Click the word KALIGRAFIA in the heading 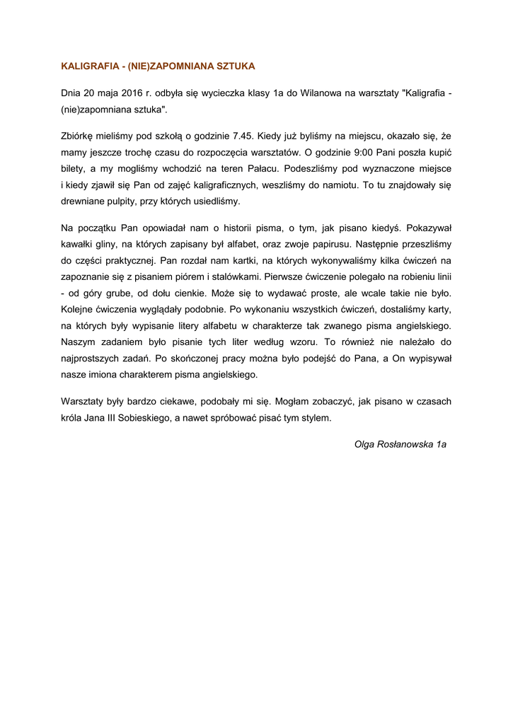(89, 66)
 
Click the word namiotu (322, 185)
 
